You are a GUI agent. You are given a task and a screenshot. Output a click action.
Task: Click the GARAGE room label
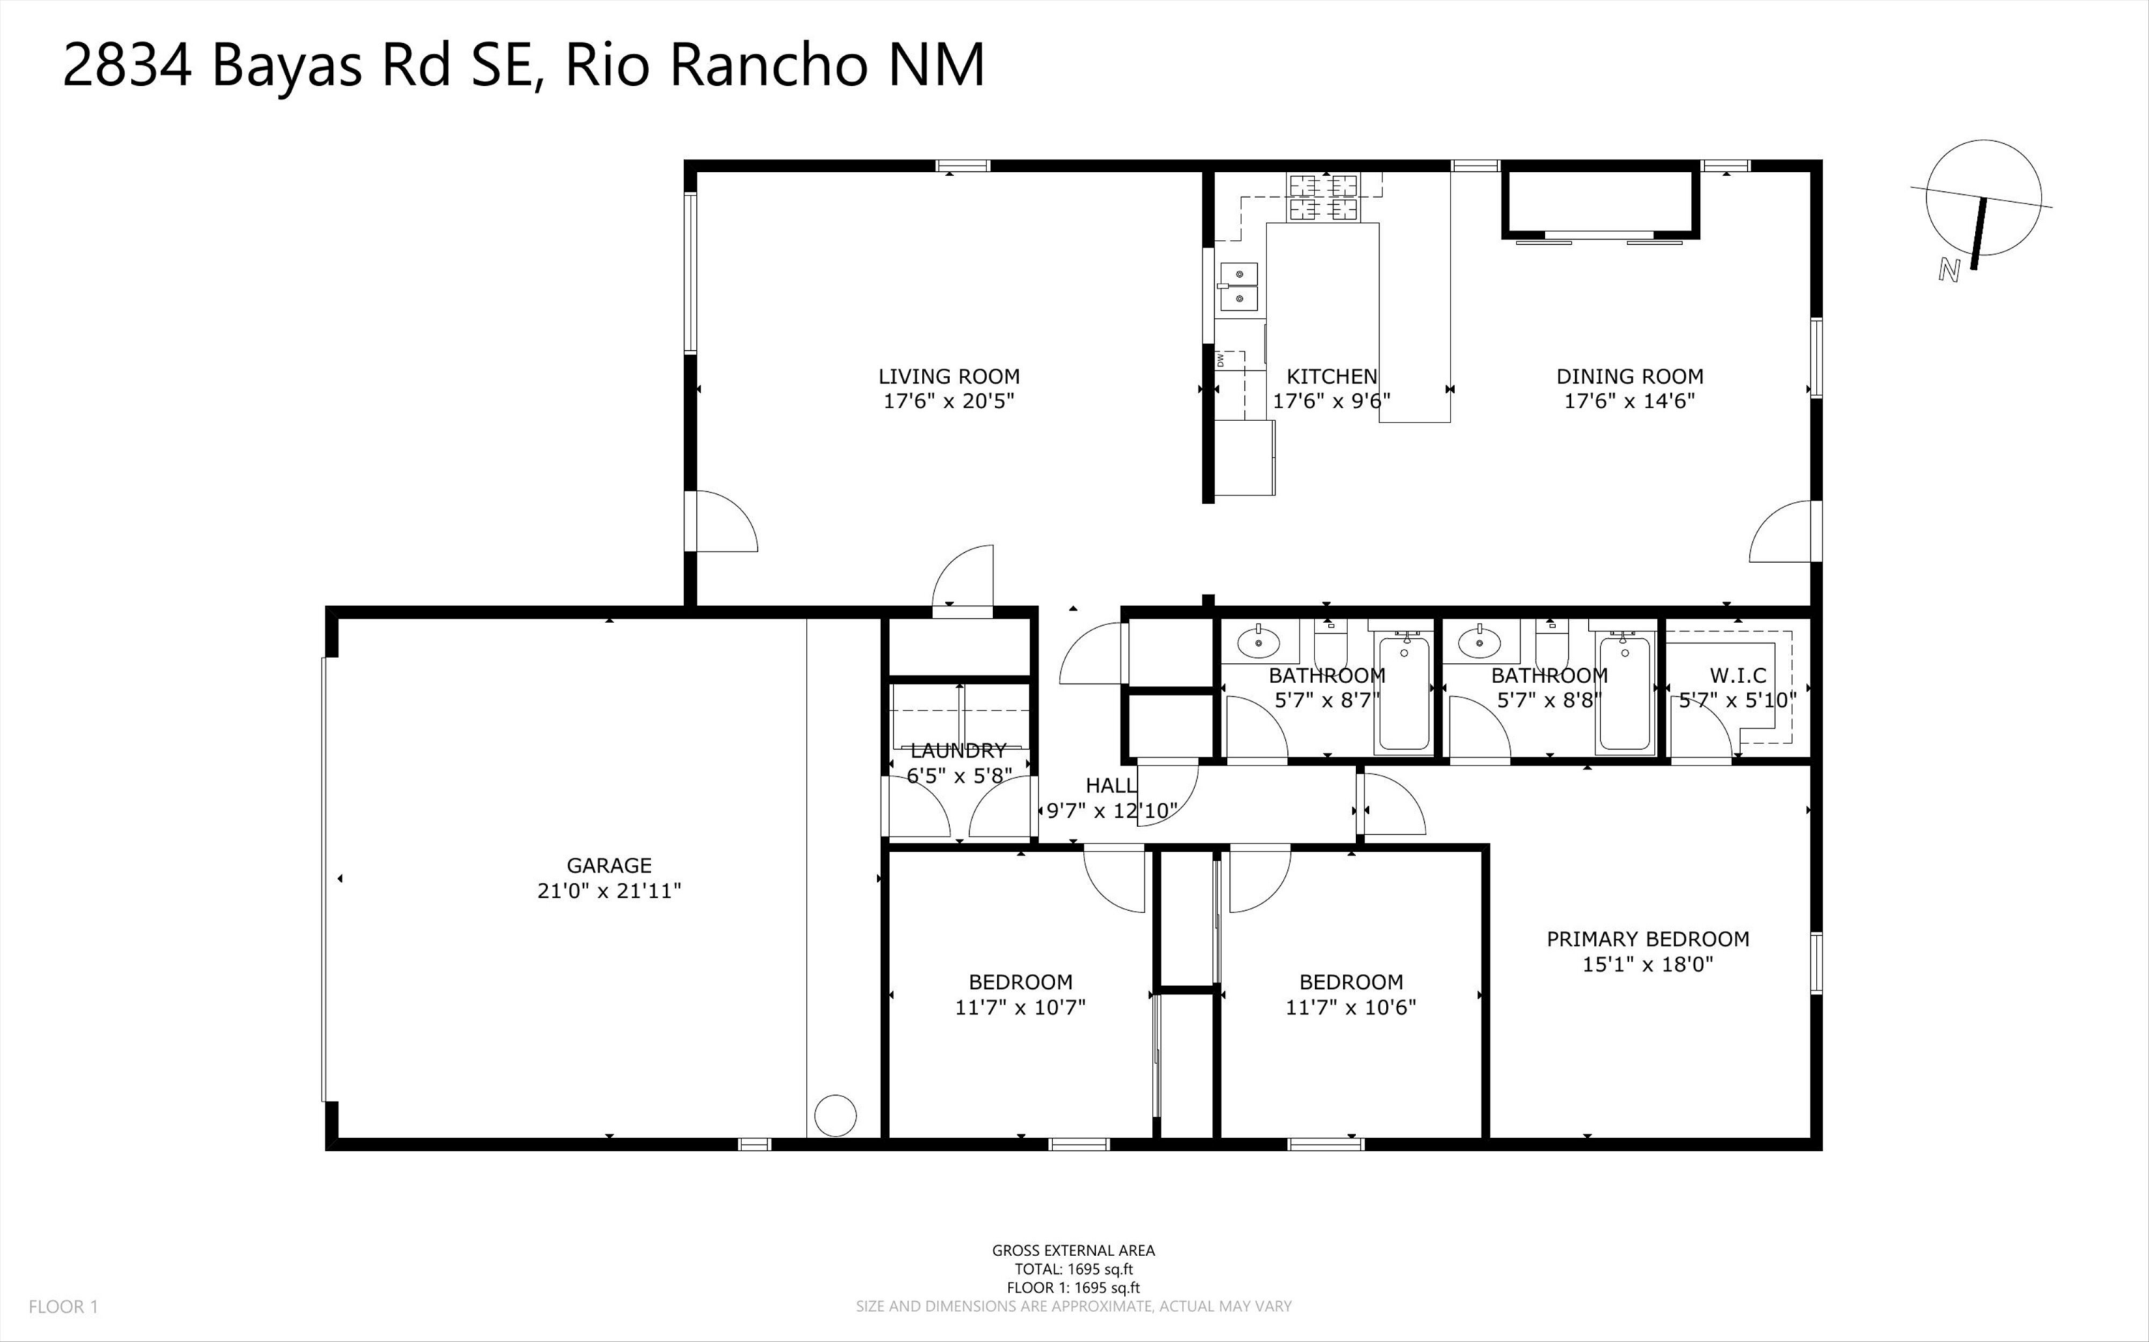[609, 865]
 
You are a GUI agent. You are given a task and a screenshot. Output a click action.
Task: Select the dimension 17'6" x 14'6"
[1629, 401]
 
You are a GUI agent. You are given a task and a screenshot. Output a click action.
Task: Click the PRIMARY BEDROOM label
[1648, 939]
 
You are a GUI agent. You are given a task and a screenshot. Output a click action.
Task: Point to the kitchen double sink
[1239, 286]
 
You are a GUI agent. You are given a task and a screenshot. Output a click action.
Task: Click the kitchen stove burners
[1324, 197]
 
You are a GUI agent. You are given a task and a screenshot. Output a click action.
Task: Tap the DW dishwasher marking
[1221, 359]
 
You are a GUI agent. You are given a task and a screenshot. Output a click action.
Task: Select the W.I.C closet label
[1738, 675]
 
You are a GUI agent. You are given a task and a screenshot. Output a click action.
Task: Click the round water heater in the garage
[835, 1116]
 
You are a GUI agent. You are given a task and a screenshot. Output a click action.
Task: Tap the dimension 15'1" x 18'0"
[1648, 964]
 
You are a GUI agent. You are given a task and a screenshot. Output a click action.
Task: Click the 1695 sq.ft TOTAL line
[1074, 1269]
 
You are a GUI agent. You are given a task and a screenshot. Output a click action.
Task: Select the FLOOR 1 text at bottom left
[63, 1306]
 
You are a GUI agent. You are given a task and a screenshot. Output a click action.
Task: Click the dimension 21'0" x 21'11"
[609, 890]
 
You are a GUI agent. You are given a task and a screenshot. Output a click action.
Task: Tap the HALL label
[1110, 786]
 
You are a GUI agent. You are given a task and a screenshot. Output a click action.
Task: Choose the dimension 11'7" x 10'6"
[1351, 1008]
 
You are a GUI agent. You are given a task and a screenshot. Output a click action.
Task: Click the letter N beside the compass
[1948, 270]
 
